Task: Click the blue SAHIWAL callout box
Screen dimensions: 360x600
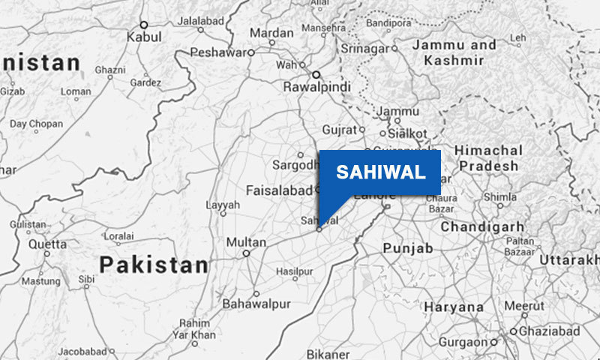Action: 379,172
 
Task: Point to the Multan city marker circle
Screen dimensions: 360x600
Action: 246,253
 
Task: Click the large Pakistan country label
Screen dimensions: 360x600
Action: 154,265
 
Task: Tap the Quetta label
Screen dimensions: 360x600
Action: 47,244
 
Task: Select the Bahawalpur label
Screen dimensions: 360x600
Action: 256,304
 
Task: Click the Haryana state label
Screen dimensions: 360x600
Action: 454,307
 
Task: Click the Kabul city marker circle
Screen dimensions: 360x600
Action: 144,25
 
